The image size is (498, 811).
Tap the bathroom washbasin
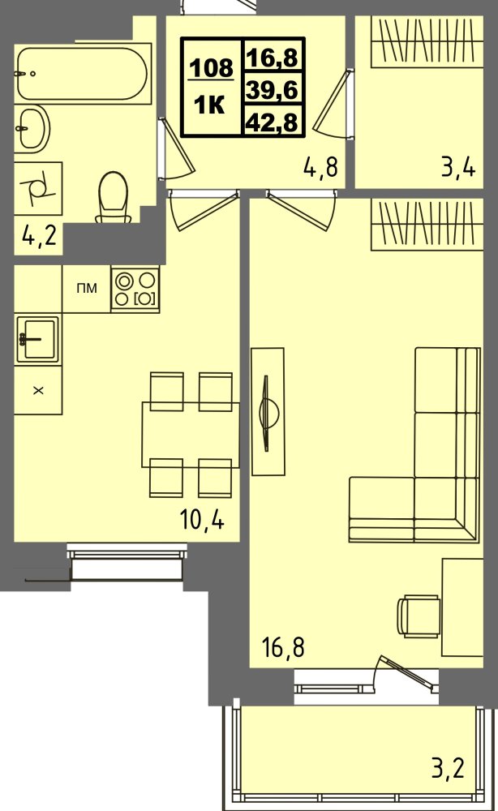32,127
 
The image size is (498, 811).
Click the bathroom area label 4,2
39,237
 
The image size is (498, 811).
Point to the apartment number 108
212,67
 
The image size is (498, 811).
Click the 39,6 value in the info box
273,90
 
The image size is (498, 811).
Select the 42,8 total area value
273,122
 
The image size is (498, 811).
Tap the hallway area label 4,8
320,167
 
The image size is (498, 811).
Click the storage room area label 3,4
458,167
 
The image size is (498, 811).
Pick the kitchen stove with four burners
135,290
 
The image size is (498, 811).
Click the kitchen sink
38,339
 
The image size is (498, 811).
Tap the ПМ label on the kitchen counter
86,289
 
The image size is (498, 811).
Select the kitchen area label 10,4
202,519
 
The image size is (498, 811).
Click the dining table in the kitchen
191,435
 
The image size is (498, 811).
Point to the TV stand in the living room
268,411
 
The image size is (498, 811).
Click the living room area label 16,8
283,647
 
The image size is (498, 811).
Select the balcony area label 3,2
449,768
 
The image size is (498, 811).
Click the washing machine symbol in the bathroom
38,188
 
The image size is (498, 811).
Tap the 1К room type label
209,105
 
